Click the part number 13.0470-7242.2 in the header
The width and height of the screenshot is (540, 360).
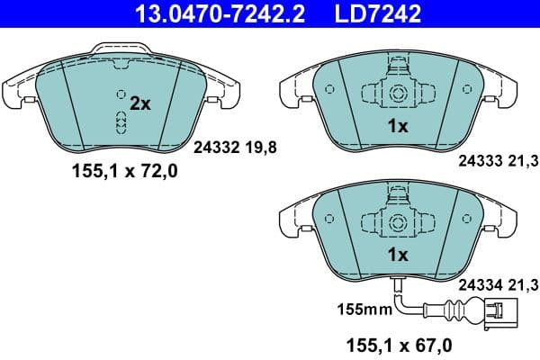(x=209, y=13)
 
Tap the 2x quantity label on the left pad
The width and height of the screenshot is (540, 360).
(x=139, y=103)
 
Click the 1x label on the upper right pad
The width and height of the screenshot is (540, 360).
(x=397, y=127)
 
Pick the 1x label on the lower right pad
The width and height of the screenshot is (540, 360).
(x=397, y=255)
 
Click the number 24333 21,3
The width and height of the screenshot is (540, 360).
(x=498, y=162)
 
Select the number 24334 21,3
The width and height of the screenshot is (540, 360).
(x=498, y=285)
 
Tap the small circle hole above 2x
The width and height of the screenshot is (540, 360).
(x=121, y=93)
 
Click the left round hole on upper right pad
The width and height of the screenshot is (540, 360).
(x=329, y=89)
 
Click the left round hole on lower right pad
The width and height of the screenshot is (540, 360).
(x=329, y=218)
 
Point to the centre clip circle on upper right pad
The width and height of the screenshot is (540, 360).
(x=397, y=93)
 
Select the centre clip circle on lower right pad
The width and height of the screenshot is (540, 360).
(x=397, y=221)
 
